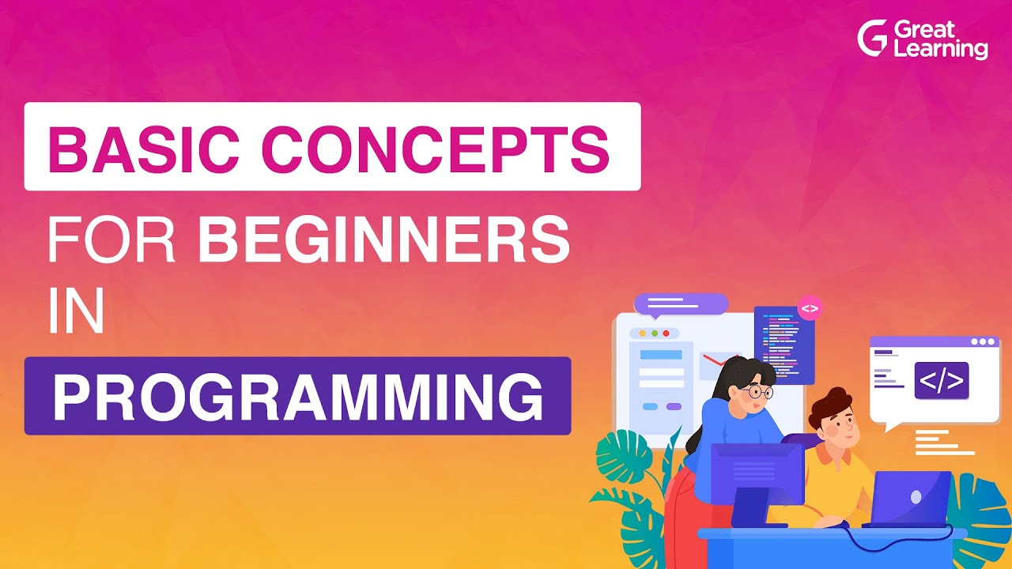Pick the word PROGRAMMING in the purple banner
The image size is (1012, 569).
click(x=297, y=397)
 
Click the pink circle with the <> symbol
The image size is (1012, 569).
click(x=810, y=307)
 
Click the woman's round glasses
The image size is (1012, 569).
click(x=757, y=391)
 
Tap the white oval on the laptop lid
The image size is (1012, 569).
click(x=916, y=496)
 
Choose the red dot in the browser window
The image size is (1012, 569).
click(x=666, y=333)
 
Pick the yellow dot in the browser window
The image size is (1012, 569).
click(x=642, y=333)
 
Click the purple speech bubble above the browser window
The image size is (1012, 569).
click(x=680, y=303)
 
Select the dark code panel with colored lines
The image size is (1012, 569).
click(x=784, y=344)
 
